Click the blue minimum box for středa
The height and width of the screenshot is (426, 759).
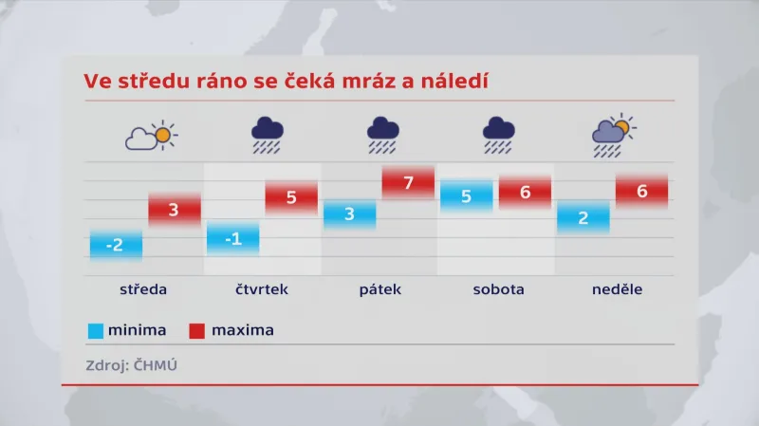pos(116,245)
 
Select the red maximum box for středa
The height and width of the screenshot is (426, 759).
pos(175,210)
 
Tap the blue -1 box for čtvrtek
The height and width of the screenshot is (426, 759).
pos(232,238)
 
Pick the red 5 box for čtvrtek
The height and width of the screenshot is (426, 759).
pos(291,198)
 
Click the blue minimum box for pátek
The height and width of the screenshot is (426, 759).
pos(349,213)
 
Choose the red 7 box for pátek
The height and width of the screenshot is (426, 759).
pos(408,182)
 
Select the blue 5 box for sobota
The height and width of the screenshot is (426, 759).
pos(467,196)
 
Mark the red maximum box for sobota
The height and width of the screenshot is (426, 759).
pos(525,192)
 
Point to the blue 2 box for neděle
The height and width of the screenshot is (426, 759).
pos(583,217)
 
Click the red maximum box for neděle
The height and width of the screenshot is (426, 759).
pos(641,191)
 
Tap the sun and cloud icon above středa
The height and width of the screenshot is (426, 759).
pos(152,137)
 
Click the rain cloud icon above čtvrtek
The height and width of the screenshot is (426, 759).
pos(268,135)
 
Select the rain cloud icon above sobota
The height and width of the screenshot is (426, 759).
pos(499,135)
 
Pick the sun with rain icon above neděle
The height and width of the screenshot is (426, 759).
pos(614,135)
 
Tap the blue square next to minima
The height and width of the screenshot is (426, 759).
pos(95,331)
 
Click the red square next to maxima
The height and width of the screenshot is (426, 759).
pos(196,331)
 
